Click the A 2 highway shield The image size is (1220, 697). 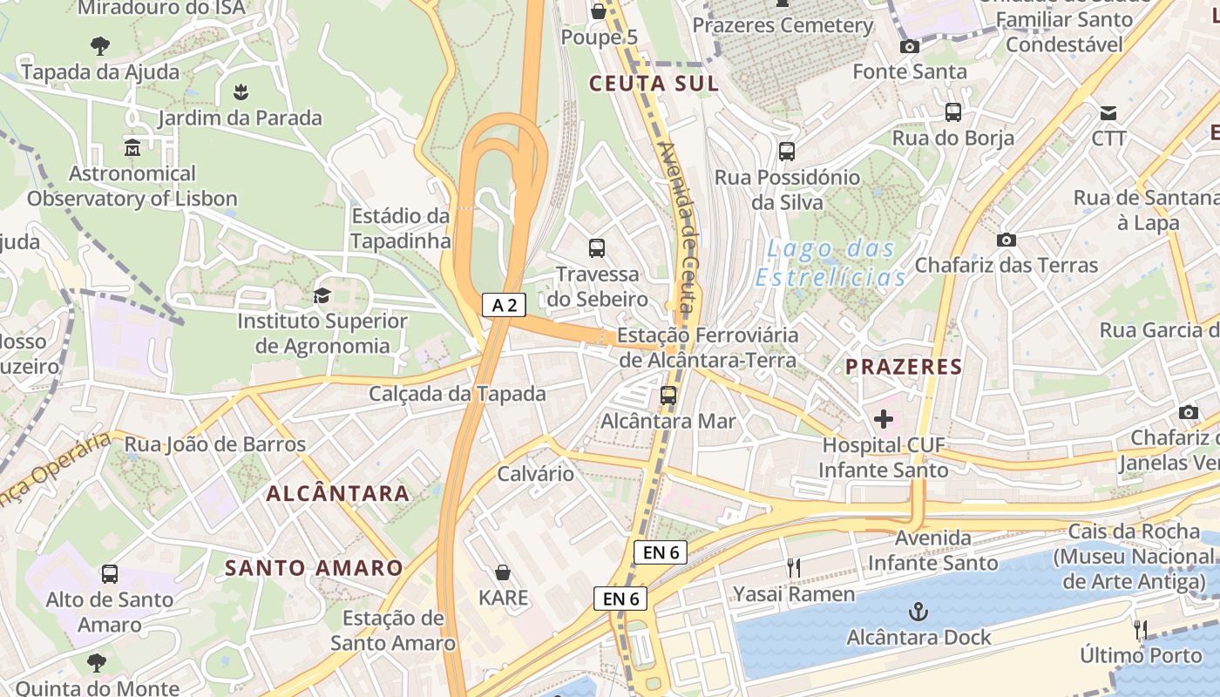click(505, 305)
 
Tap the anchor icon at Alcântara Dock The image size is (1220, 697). click(918, 612)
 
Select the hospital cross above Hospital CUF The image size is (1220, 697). click(884, 419)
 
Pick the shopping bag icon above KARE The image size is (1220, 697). click(503, 572)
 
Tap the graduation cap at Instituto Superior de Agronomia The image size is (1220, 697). click(322, 295)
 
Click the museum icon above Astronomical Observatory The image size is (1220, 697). click(132, 147)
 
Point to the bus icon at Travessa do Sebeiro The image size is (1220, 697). click(597, 248)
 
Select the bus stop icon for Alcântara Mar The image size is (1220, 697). click(668, 396)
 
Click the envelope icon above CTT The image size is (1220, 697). click(1108, 112)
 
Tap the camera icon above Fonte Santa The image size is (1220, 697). click(910, 46)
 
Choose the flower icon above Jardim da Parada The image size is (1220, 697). click(240, 91)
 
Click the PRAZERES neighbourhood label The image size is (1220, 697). click(904, 367)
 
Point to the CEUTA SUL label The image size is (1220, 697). click(654, 84)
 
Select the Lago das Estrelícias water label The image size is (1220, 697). click(830, 263)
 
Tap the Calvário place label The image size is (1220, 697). click(535, 474)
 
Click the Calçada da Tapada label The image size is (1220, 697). click(457, 394)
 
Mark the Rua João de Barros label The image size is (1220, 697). click(215, 444)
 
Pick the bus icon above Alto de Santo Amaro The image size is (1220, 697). click(110, 574)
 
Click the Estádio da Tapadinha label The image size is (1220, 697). click(400, 228)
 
